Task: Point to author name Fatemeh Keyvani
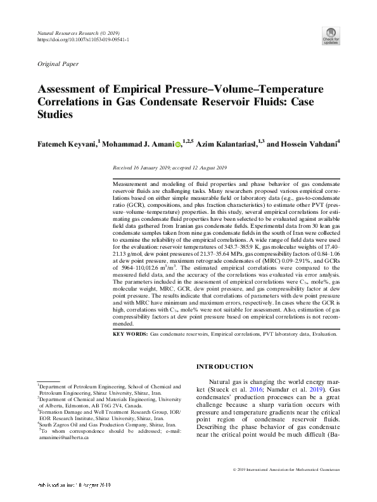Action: click(x=67, y=145)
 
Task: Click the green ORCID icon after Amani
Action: click(x=177, y=145)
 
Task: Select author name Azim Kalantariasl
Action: click(x=226, y=145)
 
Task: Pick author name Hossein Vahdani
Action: click(x=307, y=145)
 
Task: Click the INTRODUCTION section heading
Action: click(x=225, y=367)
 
